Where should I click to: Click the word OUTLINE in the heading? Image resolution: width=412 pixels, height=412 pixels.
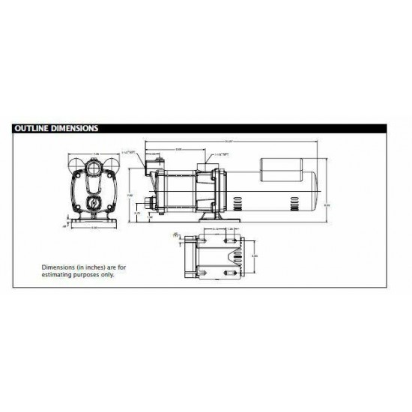pos(32,128)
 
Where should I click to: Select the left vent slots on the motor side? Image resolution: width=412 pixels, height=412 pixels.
pos(237,202)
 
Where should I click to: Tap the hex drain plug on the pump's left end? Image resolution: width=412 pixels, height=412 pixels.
pos(151,202)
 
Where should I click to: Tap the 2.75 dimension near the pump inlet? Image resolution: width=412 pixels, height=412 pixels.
pos(137,213)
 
